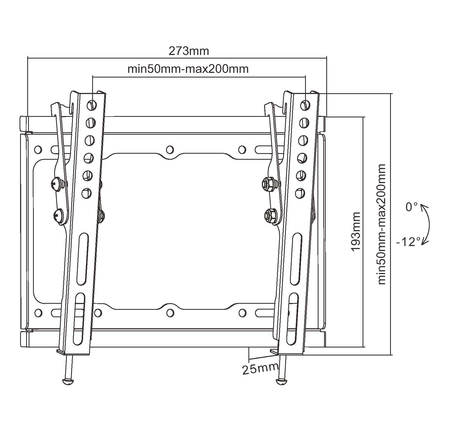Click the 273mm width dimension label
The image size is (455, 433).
coord(188,51)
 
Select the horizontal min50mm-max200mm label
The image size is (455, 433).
coord(188,69)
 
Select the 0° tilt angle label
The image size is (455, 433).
coord(412,207)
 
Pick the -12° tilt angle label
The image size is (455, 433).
coord(408,242)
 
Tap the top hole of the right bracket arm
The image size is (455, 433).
coord(305,105)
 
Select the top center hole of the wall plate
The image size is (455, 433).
coord(170,150)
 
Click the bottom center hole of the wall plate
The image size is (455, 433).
coord(170,312)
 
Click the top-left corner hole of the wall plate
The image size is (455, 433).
coord(38,150)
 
